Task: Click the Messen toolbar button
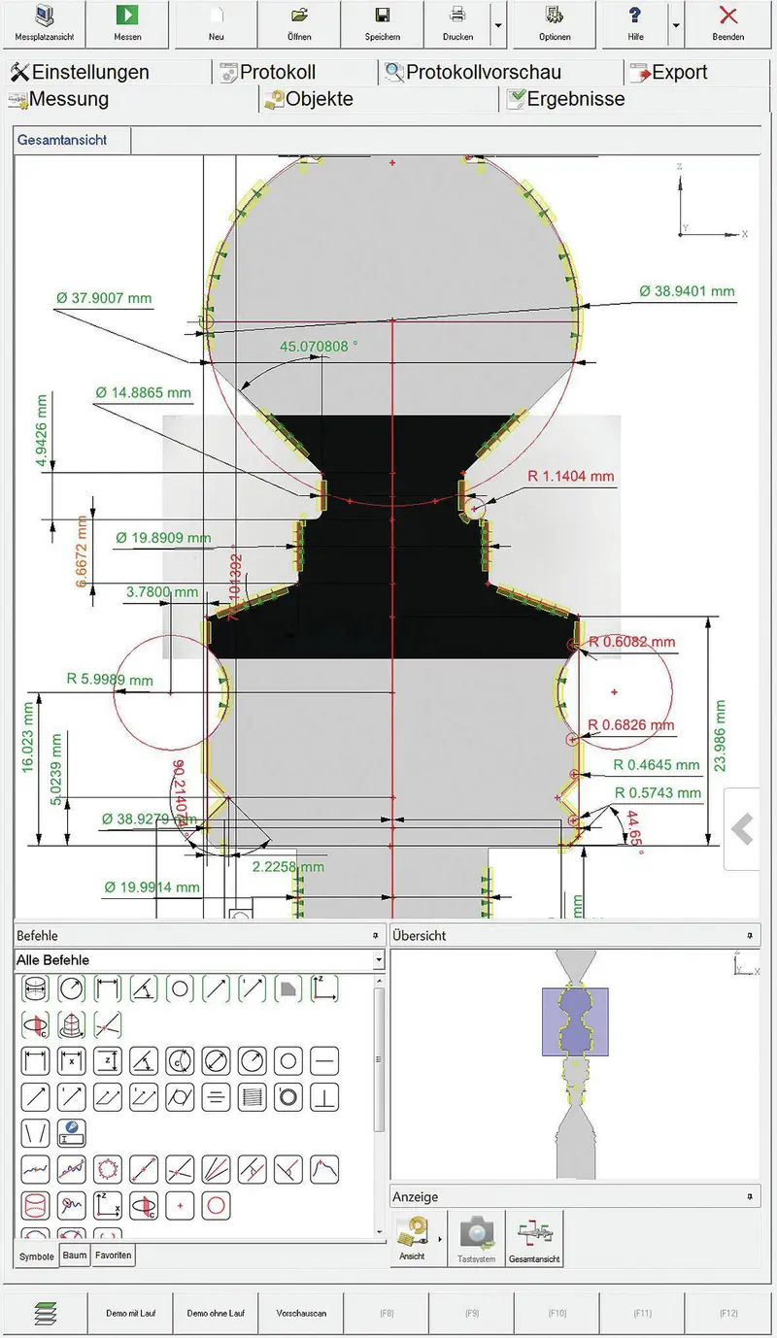[127, 23]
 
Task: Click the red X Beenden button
[727, 23]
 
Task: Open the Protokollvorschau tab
[484, 73]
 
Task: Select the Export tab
[679, 73]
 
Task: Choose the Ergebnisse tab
[575, 99]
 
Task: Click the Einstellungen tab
[89, 73]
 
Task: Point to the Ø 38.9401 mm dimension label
[687, 291]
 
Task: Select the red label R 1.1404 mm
[571, 477]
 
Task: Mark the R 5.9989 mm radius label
[110, 680]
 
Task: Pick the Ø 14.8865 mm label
[143, 393]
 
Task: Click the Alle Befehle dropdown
[199, 960]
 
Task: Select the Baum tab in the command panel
[75, 1255]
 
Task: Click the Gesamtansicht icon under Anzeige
[534, 1239]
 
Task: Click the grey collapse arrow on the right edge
[743, 829]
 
